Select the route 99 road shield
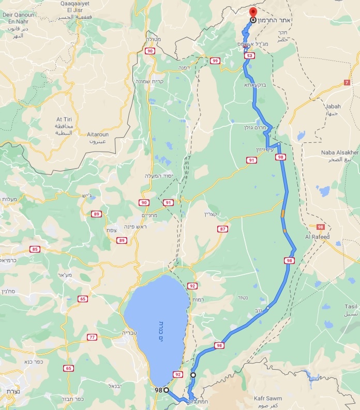point(215,61)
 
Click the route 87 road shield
point(222,229)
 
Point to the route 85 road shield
point(35,250)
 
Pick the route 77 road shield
point(92,337)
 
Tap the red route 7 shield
point(346,82)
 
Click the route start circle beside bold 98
point(167,390)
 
